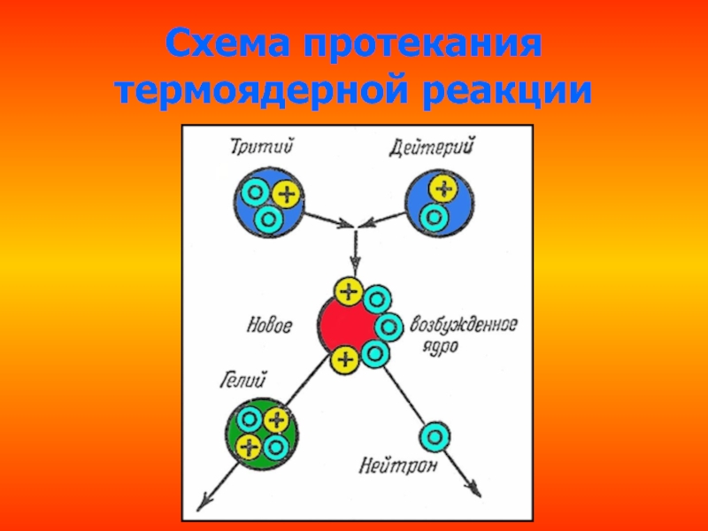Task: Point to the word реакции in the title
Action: tap(512, 91)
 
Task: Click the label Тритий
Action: tap(265, 146)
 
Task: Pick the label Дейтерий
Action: tap(432, 146)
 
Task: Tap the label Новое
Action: tap(269, 325)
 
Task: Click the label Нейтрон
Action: tap(398, 464)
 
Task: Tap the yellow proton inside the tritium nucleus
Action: tap(288, 194)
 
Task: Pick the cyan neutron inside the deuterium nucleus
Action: tap(432, 215)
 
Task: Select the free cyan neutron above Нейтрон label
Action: tap(435, 435)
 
